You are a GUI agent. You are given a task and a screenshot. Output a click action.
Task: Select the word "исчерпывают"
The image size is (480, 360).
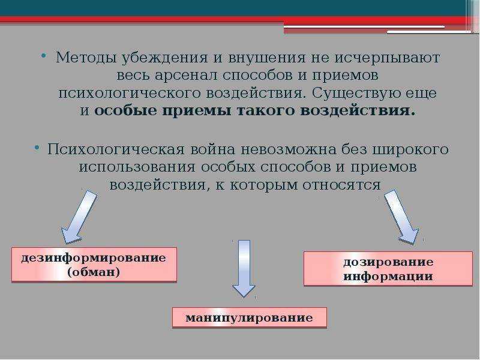point(387,58)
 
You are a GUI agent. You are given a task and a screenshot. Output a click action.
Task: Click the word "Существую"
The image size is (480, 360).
point(356,93)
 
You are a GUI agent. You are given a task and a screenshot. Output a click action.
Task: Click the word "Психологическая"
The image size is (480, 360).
point(115,149)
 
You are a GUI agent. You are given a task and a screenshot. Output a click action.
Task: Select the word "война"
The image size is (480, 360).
point(213,149)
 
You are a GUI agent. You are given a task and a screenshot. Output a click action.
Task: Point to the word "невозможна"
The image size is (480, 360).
point(289,149)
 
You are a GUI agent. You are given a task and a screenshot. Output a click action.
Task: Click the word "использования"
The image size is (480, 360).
point(137,167)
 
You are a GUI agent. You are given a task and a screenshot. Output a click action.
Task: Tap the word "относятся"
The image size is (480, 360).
point(341,185)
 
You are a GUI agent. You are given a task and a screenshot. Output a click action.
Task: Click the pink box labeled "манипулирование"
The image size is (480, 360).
point(250,317)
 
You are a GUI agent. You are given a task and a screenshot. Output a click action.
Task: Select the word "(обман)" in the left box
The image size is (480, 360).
point(94,272)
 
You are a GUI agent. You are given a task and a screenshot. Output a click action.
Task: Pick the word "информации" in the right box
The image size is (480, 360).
point(388,276)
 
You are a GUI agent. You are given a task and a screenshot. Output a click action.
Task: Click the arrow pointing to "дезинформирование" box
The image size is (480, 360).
point(79,217)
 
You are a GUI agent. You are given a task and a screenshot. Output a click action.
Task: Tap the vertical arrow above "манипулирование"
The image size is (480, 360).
point(244,268)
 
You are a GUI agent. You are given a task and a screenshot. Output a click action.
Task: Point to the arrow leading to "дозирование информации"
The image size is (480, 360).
point(401,217)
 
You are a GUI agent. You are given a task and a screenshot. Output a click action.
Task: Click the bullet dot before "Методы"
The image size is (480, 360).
point(43,55)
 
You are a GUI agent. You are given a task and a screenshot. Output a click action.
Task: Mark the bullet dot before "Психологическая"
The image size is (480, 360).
point(37,148)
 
